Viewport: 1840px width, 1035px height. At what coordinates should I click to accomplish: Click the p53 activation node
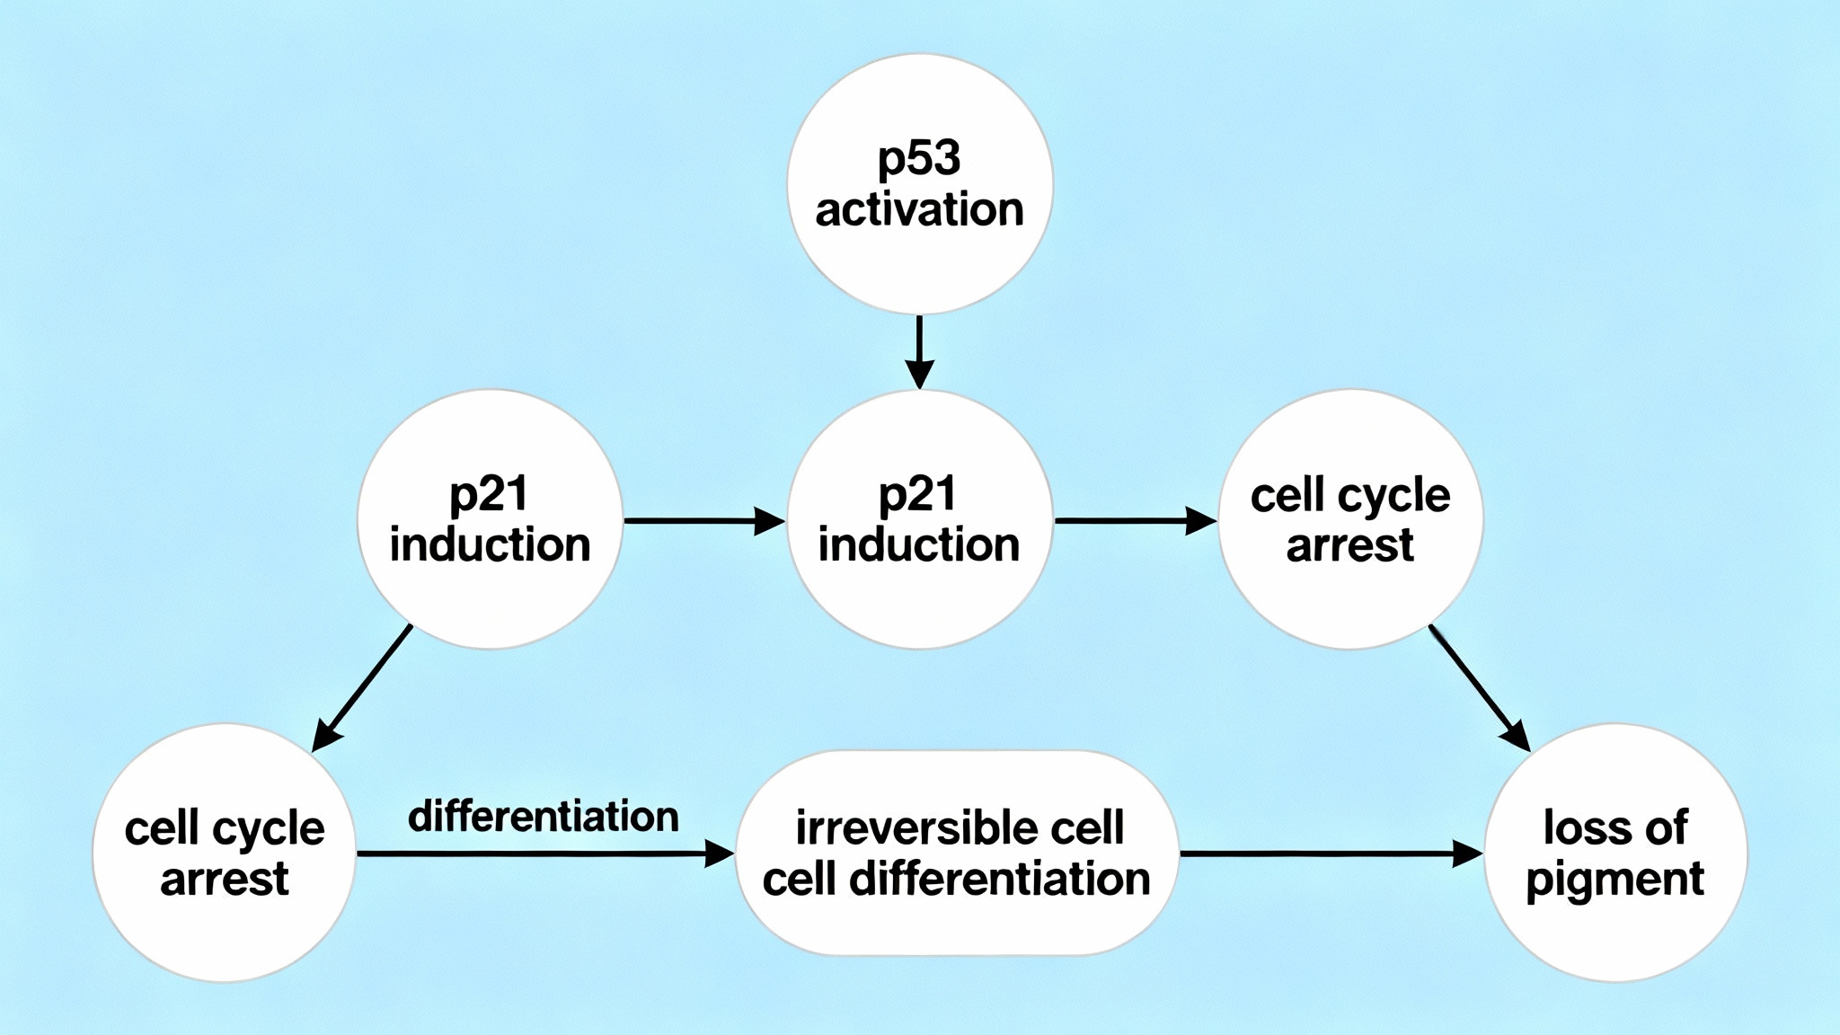point(919,184)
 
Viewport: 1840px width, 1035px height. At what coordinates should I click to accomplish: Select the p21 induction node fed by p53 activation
point(919,519)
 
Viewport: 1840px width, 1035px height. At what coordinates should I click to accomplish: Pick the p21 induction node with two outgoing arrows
point(490,519)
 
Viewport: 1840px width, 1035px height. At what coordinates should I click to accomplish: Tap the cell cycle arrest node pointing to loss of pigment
point(1350,519)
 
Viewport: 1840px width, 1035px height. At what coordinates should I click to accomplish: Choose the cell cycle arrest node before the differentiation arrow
point(224,853)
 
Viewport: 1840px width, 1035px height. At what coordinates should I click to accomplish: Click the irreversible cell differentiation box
point(957,853)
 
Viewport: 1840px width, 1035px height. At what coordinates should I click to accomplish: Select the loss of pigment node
point(1615,853)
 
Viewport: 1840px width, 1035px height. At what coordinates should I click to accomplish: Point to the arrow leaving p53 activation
point(919,350)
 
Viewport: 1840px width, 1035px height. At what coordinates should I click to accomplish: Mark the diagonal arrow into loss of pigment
point(1479,687)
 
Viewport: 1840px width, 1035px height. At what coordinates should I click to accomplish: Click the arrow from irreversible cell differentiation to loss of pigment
point(1330,854)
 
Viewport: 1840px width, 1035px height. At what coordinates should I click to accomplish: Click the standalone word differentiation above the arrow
point(544,817)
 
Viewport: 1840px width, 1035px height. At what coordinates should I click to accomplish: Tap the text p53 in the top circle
point(919,159)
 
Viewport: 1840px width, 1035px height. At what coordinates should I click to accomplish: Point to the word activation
point(919,209)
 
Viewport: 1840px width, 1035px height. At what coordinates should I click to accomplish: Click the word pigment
point(1615,879)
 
